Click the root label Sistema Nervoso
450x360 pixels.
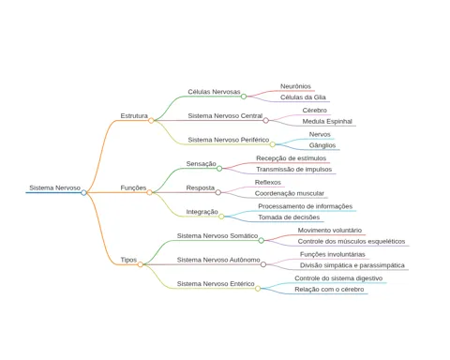click(55, 187)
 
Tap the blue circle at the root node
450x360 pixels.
click(83, 192)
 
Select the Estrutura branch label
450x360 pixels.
click(134, 116)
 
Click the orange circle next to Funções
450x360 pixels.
click(149, 192)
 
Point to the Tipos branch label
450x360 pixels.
click(128, 260)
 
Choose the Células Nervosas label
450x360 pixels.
click(214, 92)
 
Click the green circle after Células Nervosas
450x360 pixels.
click(244, 97)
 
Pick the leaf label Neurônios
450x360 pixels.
click(295, 86)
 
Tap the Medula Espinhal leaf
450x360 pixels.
click(327, 122)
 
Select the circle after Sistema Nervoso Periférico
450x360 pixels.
click(273, 144)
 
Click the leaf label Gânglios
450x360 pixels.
click(322, 145)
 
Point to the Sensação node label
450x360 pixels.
click(201, 164)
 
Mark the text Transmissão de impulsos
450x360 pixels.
click(294, 170)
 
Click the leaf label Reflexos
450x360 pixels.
click(268, 182)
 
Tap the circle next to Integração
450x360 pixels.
click(221, 217)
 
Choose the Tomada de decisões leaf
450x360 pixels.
click(289, 217)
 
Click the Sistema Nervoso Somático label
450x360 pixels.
click(217, 236)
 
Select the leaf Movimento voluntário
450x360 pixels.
click(330, 231)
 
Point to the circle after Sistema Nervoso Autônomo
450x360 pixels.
click(263, 264)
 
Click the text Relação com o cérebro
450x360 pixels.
click(329, 290)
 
